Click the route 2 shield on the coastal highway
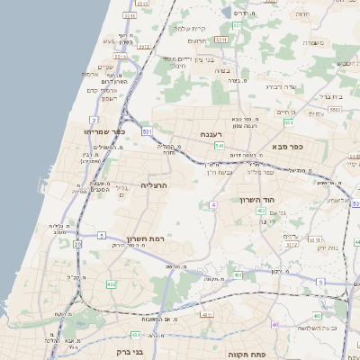pyautogui.click(x=94, y=119)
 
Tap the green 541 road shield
pyautogui.click(x=219, y=145)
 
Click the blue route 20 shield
pyautogui.click(x=77, y=244)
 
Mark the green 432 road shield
pyautogui.click(x=111, y=284)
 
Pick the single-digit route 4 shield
pyautogui.click(x=213, y=206)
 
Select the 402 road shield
pyautogui.click(x=261, y=211)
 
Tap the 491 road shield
pyautogui.click(x=207, y=314)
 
